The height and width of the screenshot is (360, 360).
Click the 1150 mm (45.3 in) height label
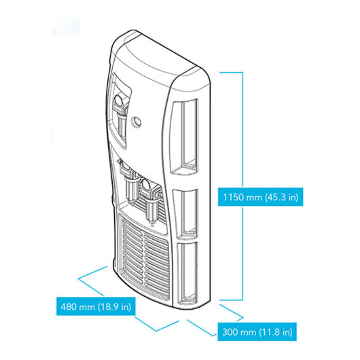[x=260, y=197]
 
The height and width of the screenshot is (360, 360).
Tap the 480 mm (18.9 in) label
[x=96, y=306]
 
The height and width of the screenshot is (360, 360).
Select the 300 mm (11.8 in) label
[x=257, y=331]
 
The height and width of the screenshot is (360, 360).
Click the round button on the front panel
[x=136, y=121]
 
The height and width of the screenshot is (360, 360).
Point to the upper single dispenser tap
[x=120, y=115]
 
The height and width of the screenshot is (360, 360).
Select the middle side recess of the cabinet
[x=185, y=214]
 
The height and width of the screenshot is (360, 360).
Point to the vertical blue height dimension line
[x=242, y=186]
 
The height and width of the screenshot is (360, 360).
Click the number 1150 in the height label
[x=233, y=197]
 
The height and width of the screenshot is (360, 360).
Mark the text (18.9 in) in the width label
[x=115, y=307]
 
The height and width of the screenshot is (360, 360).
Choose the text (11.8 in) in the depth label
[x=276, y=332]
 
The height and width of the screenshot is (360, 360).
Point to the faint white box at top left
[x=66, y=26]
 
